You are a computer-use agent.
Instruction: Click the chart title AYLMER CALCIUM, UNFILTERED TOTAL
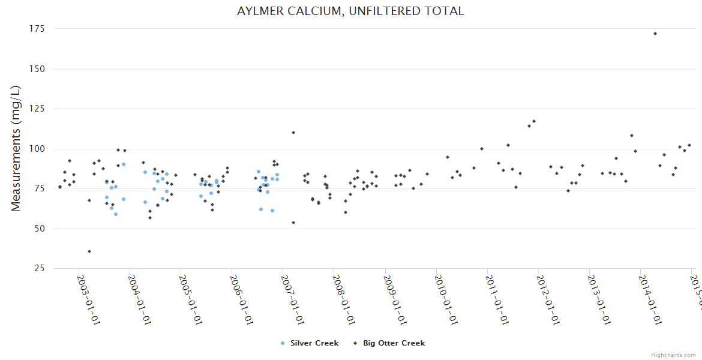pyautogui.click(x=350, y=11)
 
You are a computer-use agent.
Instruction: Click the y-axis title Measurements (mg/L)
pyautogui.click(x=16, y=148)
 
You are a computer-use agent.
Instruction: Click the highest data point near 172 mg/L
pyautogui.click(x=655, y=34)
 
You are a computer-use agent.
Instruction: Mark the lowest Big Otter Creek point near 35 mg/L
pyautogui.click(x=89, y=251)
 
